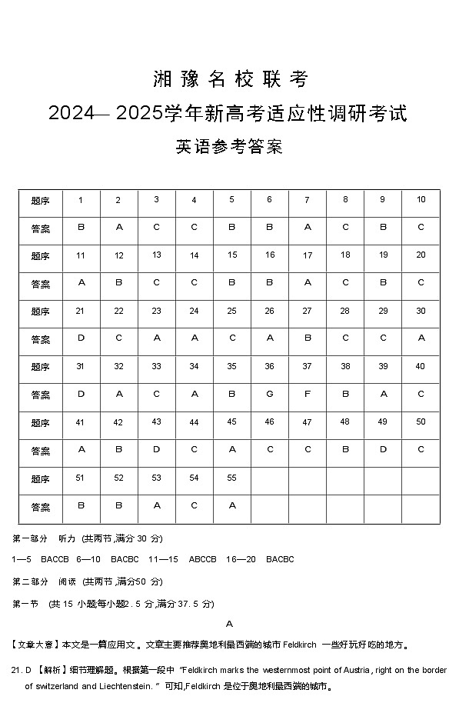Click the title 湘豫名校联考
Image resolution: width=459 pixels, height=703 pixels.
coord(229,79)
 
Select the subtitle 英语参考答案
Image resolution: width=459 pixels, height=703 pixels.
coord(229,147)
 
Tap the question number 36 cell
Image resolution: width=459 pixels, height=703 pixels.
coord(269,366)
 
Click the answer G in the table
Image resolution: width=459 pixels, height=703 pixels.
coord(269,394)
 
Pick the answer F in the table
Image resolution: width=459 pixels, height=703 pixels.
coord(307,394)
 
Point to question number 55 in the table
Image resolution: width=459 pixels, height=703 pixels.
coord(231,478)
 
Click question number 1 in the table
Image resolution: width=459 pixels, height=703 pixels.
coord(81,200)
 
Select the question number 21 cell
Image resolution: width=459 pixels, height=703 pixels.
coord(80,311)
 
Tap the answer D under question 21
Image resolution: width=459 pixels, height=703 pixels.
coord(81,338)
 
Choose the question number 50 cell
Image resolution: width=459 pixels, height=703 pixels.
coord(421,421)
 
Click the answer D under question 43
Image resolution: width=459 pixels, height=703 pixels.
coord(156,449)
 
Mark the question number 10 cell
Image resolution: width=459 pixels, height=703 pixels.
coord(421,200)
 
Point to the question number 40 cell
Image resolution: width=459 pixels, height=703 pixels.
coord(421,366)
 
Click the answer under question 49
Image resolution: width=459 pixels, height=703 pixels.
coord(383,449)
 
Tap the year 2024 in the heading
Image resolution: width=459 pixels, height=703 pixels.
coord(70,113)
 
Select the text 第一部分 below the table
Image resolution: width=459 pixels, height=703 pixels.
coord(30,538)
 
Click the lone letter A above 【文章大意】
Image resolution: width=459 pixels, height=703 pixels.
coord(229,624)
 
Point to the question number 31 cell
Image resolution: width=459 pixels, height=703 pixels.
coord(80,366)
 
